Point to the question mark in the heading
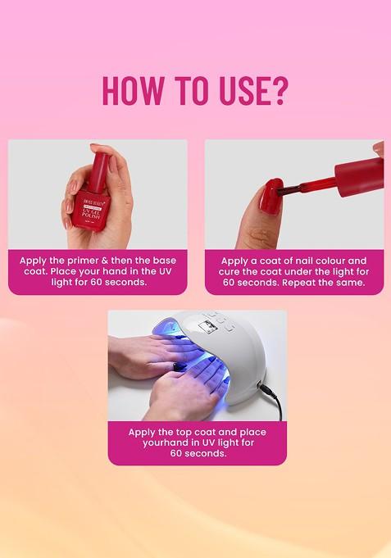pos(280,90)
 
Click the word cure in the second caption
pos(234,271)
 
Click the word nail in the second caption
pos(298,261)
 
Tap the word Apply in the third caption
pos(144,432)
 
